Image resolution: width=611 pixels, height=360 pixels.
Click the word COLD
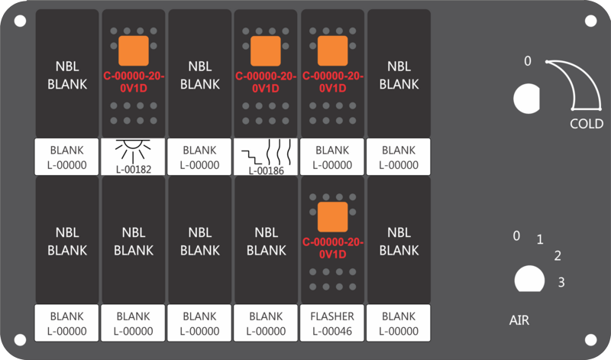pos(587,124)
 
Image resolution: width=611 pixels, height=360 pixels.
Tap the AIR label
pos(519,320)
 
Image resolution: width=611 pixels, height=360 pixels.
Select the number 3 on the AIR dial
pos(561,282)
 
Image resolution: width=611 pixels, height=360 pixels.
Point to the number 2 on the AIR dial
pos(558,256)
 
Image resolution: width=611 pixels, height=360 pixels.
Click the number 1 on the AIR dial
pos(540,239)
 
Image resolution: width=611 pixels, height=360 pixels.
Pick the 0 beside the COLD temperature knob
pos(528,61)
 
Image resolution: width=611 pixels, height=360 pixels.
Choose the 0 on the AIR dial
pos(516,235)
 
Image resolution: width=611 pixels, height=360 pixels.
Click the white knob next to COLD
pos(527,99)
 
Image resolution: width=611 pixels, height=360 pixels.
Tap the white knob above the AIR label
pos(529,279)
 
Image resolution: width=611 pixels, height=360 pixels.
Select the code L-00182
pos(133,170)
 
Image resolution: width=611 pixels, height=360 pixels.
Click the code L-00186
pos(266,170)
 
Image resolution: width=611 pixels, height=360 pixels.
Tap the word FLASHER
pos(332,316)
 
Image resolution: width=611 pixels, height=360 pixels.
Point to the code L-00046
pos(332,331)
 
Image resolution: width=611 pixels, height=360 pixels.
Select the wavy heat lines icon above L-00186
pos(279,152)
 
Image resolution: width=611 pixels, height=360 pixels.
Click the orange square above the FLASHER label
pos(332,217)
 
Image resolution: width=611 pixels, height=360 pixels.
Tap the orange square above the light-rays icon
pos(133,50)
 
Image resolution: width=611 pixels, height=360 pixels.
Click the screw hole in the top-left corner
pos(21,21)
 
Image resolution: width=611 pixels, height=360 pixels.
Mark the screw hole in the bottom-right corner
pos(590,340)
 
